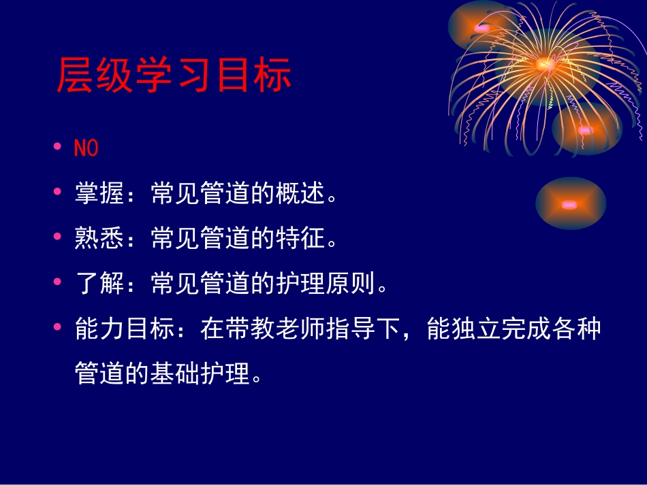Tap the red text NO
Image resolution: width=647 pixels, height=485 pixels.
(86, 149)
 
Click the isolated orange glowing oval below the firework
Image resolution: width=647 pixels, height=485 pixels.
(569, 204)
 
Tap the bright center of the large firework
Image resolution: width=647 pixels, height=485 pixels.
(544, 65)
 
